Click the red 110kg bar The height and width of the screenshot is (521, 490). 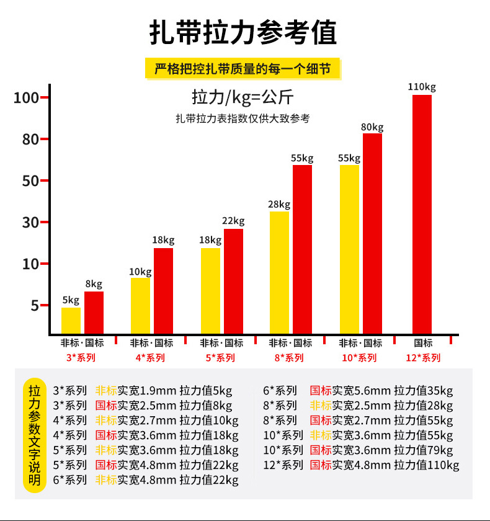[x=422, y=214]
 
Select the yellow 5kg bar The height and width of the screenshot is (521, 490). [x=71, y=321]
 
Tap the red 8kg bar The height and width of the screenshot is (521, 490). [x=94, y=313]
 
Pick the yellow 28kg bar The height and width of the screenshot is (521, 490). [x=279, y=273]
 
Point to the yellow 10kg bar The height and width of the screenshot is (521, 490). [x=140, y=306]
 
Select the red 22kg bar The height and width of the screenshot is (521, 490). [x=233, y=282]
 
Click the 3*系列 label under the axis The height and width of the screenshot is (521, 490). [x=81, y=358]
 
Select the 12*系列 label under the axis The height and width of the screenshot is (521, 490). [x=423, y=358]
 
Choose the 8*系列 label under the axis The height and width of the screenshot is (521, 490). [x=289, y=358]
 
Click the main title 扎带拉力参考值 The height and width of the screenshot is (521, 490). [x=244, y=33]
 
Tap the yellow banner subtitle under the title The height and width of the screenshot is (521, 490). [x=244, y=68]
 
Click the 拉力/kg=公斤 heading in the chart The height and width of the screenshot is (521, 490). [x=243, y=97]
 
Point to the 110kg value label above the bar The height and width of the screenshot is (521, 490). [x=422, y=87]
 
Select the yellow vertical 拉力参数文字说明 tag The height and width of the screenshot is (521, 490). [x=35, y=435]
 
